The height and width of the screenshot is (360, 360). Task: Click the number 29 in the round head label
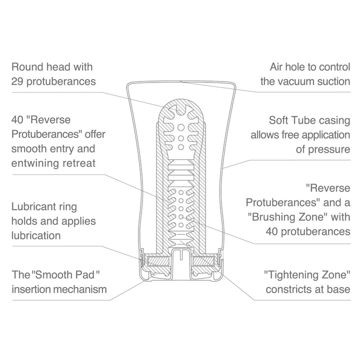(17, 81)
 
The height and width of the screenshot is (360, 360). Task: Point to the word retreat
(79, 163)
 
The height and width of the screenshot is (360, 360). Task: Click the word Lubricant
(34, 206)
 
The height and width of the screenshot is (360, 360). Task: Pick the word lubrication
(36, 235)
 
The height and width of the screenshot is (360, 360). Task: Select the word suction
(334, 81)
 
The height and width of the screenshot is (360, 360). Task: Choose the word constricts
(289, 289)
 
